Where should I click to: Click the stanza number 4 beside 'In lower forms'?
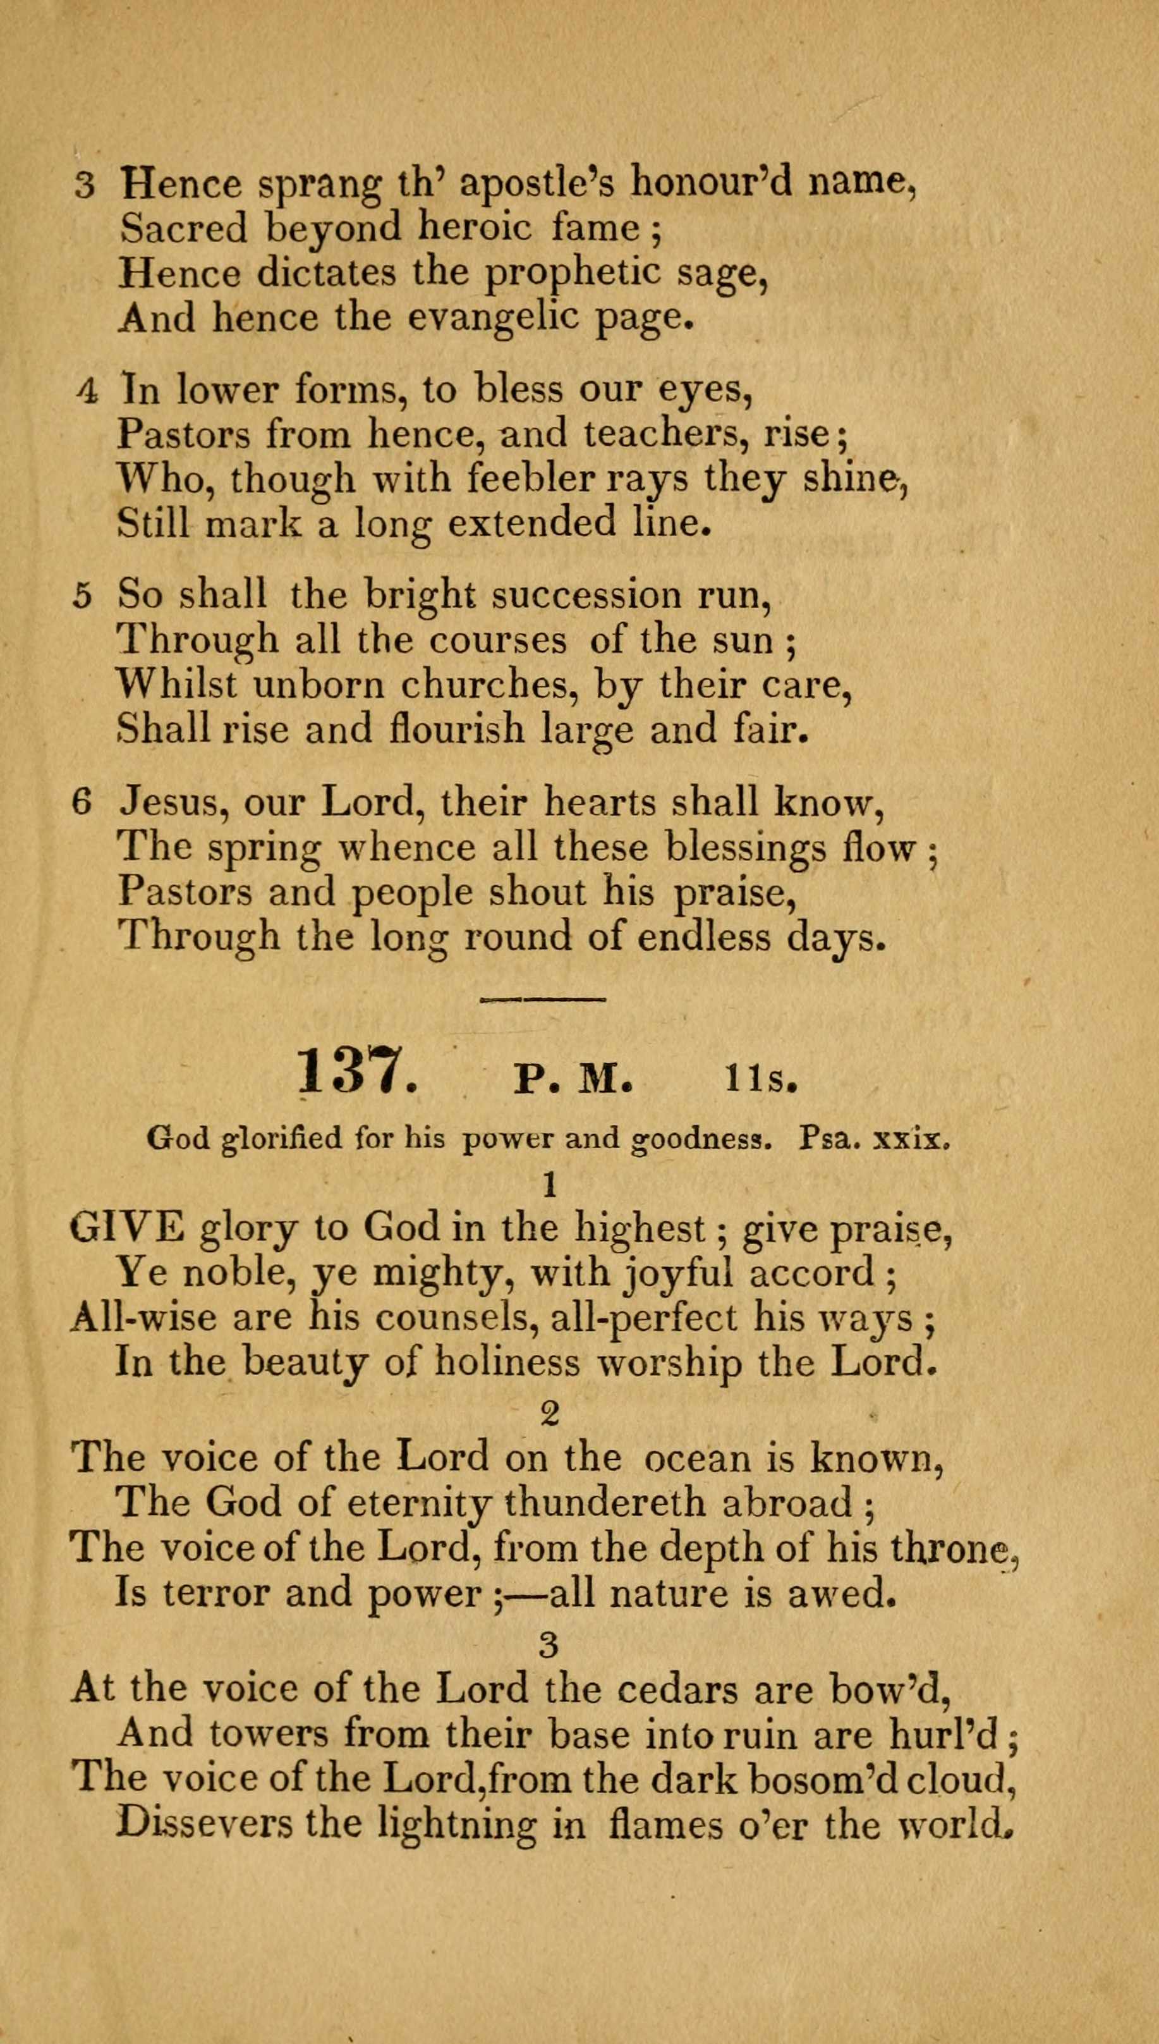(88, 390)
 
